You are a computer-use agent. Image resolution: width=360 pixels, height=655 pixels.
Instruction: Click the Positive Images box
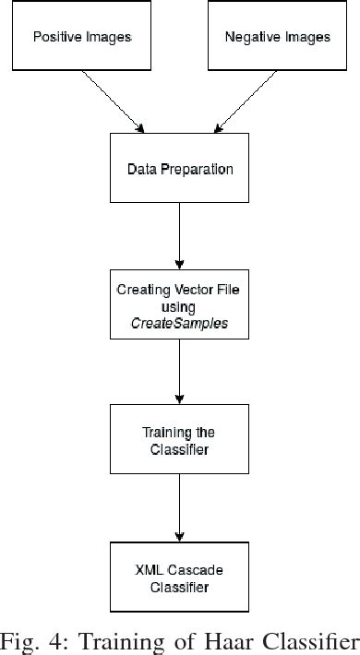point(82,37)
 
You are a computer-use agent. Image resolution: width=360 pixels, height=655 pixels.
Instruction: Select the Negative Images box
point(277,37)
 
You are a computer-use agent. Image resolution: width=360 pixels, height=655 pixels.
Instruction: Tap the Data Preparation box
point(179,169)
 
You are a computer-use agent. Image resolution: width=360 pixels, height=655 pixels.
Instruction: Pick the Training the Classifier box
point(179,439)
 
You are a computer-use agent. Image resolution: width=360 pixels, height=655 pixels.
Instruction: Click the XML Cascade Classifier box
point(179,578)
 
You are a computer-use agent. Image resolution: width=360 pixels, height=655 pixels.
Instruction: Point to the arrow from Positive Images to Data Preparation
point(112,101)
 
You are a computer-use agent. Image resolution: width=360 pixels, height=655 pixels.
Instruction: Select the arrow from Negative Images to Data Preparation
point(246,101)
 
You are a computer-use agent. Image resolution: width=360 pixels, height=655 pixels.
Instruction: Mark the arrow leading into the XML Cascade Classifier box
point(180,508)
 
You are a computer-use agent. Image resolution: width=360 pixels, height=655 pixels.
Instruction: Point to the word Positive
point(56,38)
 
